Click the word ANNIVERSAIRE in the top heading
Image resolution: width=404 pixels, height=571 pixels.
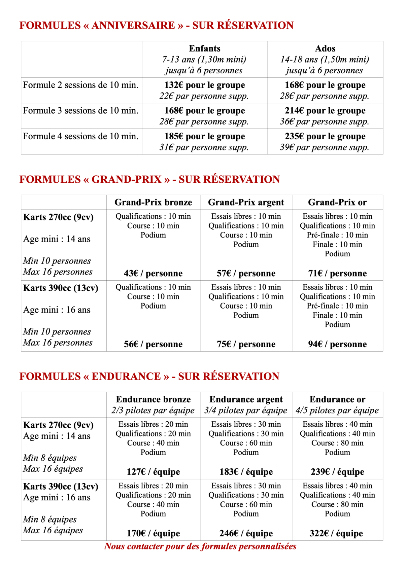tap(133, 25)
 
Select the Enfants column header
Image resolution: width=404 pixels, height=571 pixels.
tap(204, 48)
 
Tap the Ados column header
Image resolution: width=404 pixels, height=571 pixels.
tap(325, 48)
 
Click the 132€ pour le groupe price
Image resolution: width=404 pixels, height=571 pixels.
tap(204, 85)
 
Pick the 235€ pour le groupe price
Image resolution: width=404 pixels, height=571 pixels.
tap(325, 136)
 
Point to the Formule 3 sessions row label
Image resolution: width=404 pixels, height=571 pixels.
tap(81, 111)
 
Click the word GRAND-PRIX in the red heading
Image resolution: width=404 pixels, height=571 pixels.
tap(127, 179)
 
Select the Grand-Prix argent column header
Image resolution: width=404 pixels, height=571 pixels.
tap(246, 202)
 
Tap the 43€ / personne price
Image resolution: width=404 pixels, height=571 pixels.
tap(153, 273)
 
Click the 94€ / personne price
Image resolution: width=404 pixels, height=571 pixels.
tap(337, 344)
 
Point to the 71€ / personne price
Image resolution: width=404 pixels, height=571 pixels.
tap(337, 273)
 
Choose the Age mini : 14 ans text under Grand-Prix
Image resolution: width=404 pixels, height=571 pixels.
tap(57, 239)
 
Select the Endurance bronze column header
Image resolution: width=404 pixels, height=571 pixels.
tap(153, 399)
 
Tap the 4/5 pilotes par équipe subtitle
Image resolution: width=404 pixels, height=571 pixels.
tap(337, 411)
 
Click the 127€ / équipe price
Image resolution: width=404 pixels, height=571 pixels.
tap(153, 472)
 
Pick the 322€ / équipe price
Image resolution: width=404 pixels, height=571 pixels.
tap(336, 533)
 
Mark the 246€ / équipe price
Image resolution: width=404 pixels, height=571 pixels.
tap(246, 533)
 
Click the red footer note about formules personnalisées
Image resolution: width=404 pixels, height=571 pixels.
tap(200, 546)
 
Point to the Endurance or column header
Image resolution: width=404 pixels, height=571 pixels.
tap(337, 399)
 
